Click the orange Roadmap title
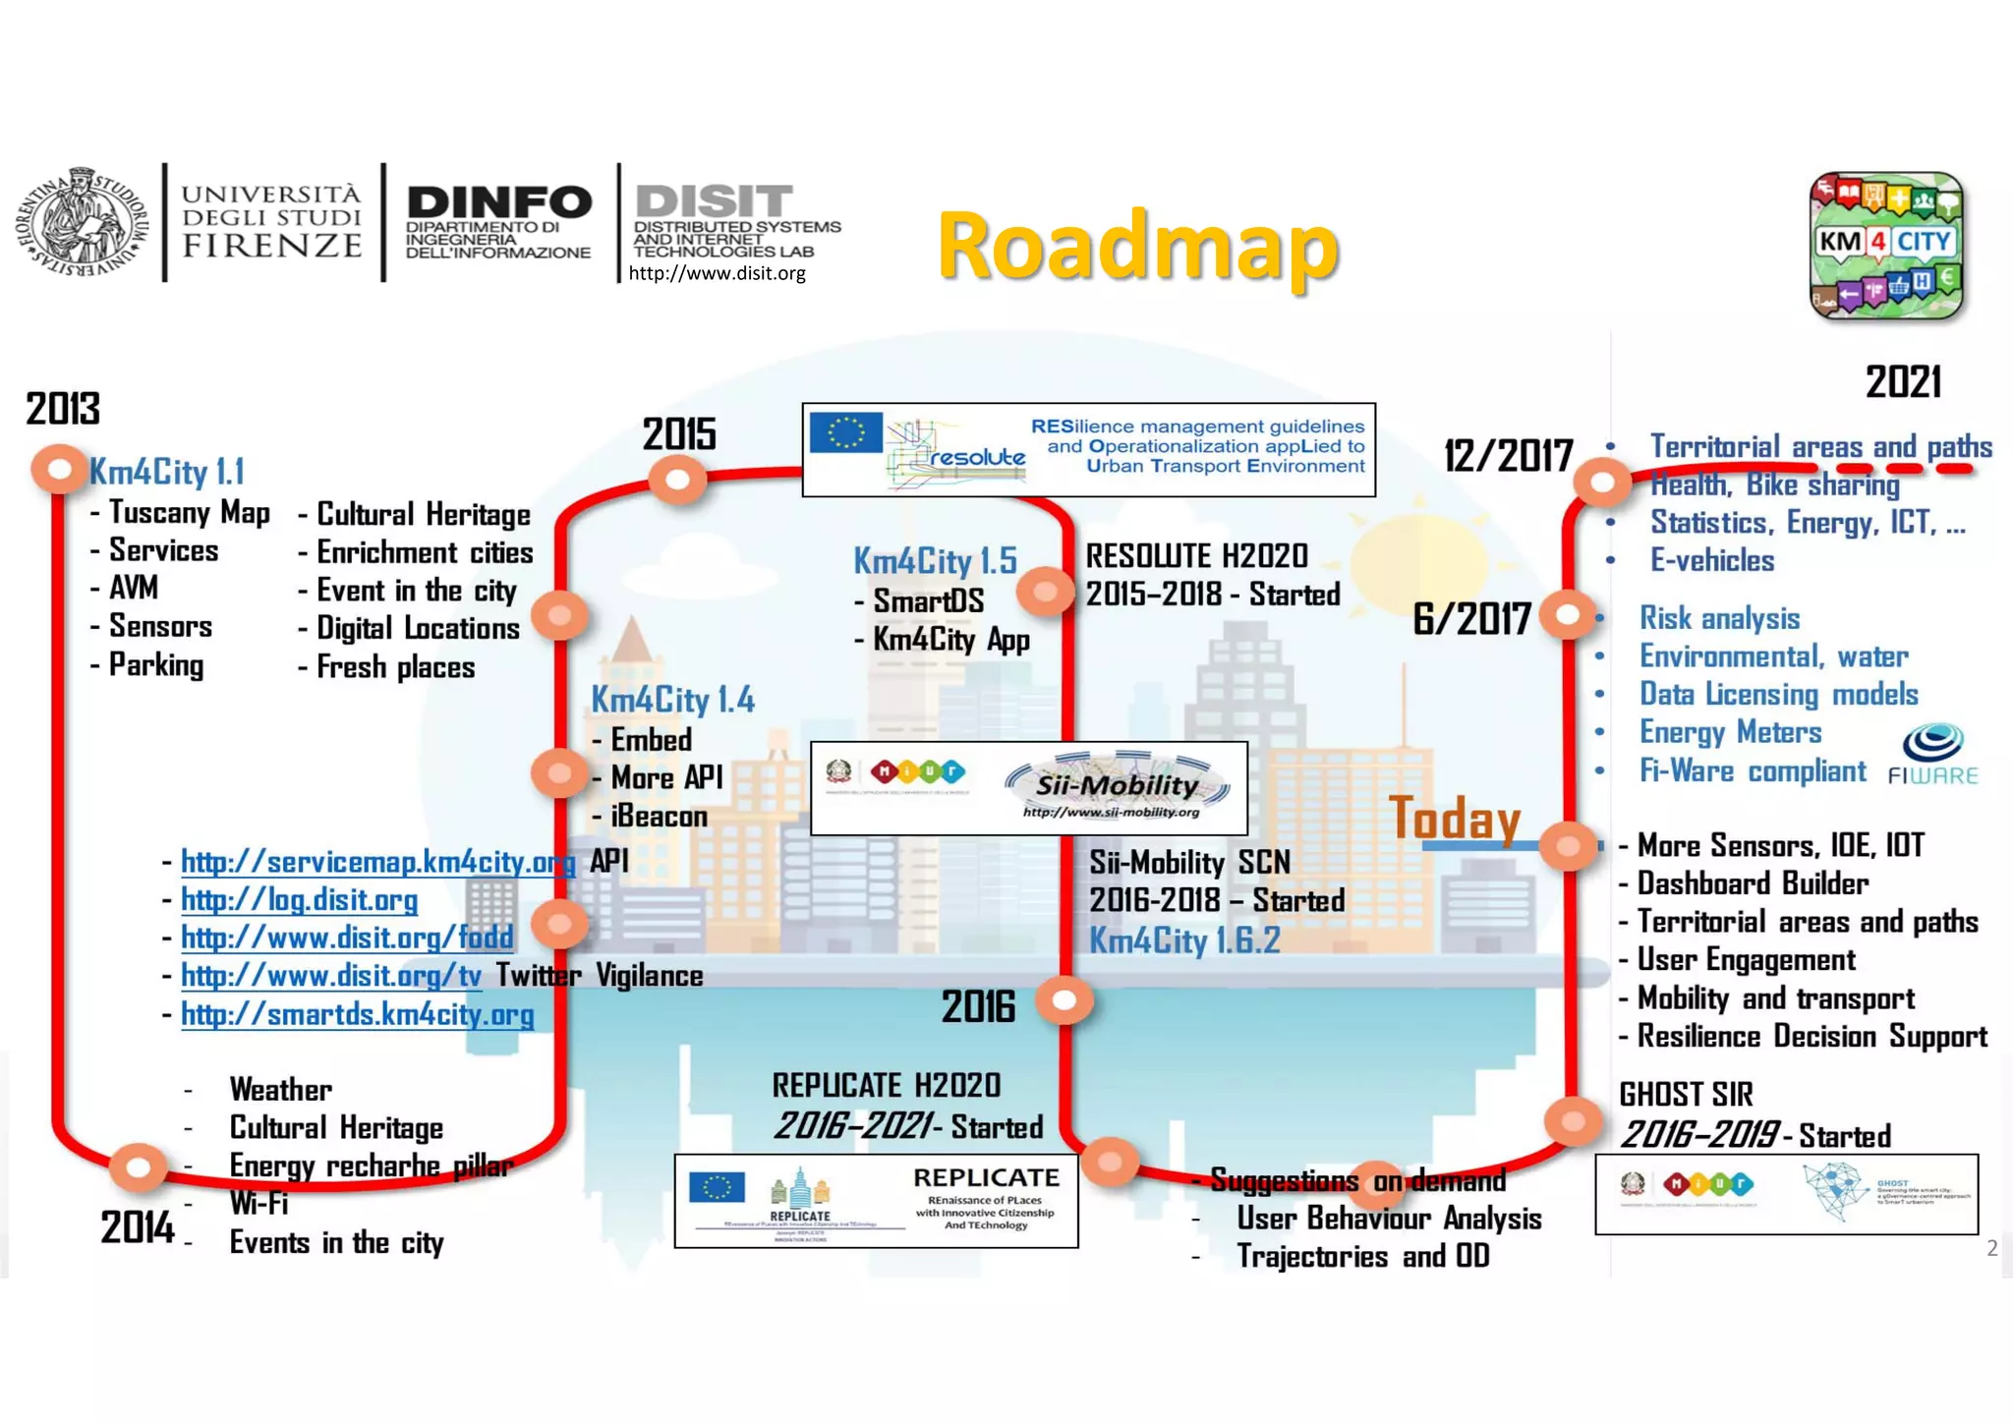1137,246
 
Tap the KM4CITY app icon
1886,246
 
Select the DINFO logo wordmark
499,203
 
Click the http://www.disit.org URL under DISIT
717,273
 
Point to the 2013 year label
63,409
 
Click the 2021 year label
1903,382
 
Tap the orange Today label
1455,818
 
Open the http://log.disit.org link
299,899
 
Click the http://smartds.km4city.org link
357,1014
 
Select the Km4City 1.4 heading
672,700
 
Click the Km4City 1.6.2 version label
1184,940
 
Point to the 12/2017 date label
1508,456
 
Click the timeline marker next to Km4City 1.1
59,470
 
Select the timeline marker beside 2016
1064,1000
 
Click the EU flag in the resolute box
845,431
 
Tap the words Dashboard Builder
1753,883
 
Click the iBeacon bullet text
659,816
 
